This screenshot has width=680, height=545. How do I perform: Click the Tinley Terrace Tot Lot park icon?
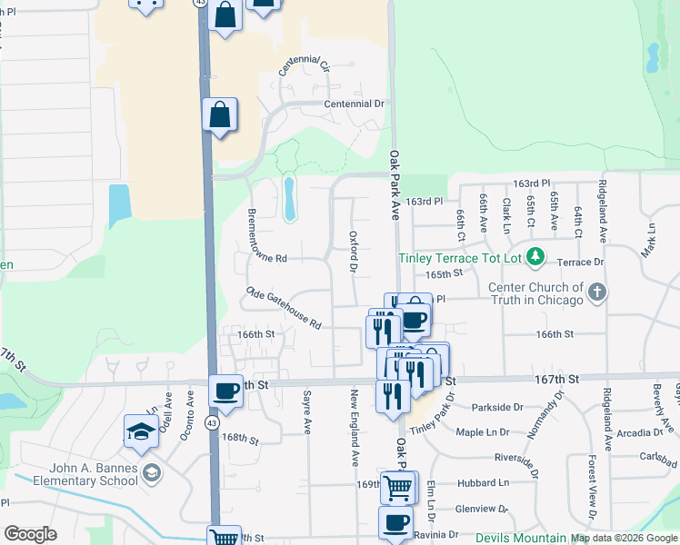[x=536, y=258]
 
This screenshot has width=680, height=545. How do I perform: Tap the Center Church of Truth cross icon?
[x=596, y=292]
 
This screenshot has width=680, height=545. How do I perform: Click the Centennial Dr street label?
[x=354, y=104]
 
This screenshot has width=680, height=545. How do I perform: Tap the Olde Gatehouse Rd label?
[x=284, y=307]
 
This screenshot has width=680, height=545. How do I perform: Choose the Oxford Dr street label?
[x=354, y=251]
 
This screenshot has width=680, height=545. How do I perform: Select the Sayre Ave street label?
[x=307, y=411]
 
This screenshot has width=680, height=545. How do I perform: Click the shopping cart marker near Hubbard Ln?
[x=397, y=487]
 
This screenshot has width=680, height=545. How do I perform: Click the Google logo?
[x=31, y=533]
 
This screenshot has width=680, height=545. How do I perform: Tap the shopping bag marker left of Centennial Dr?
[x=220, y=115]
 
